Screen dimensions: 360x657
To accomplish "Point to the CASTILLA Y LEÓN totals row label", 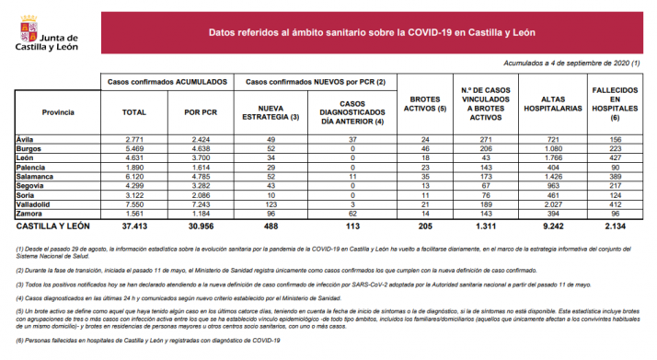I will point(52,225).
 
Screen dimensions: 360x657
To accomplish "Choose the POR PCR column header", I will point(200,111).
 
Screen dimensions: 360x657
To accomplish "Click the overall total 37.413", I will point(134,225).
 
